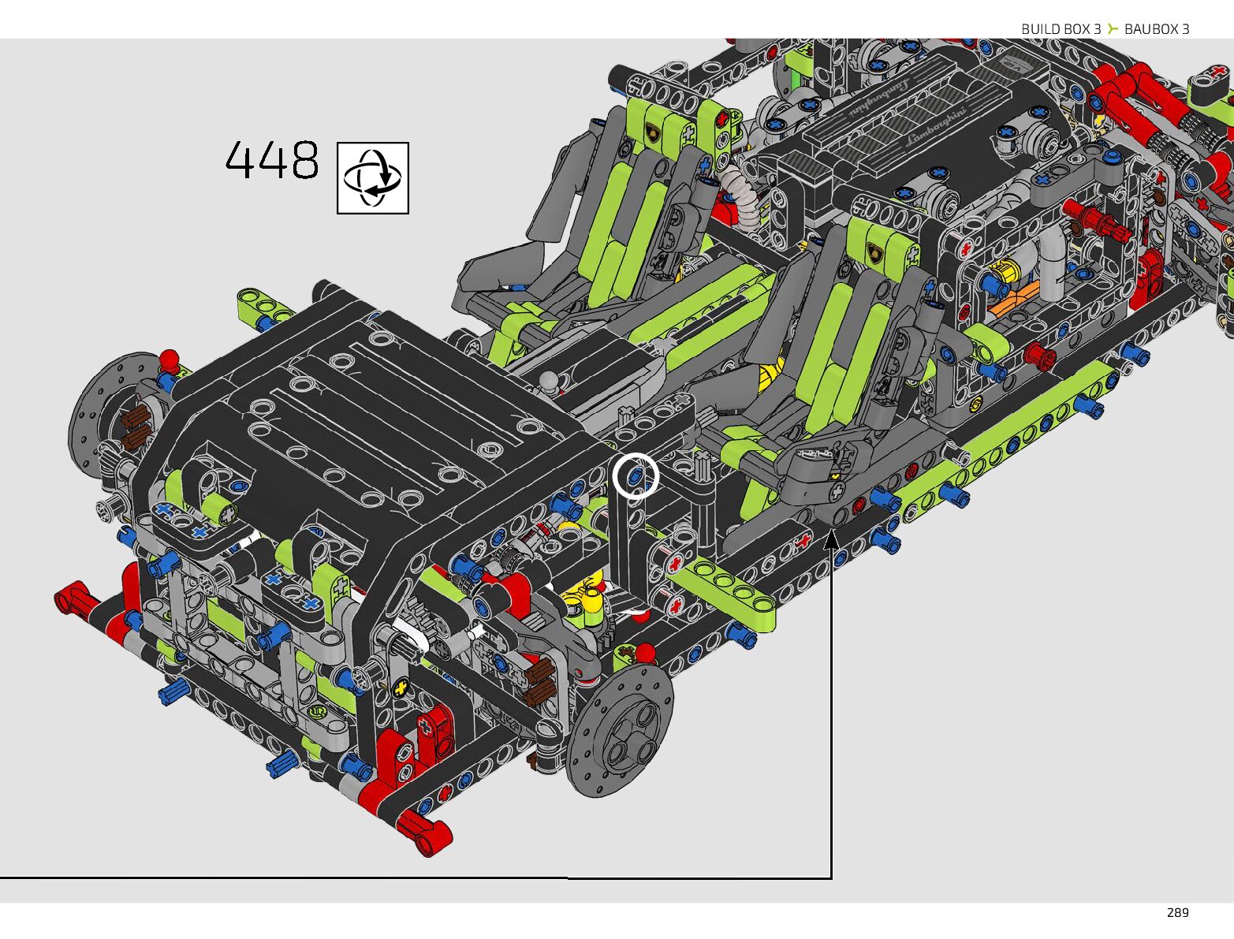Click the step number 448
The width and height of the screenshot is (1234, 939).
[x=272, y=160]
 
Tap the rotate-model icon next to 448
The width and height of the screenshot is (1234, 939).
[x=373, y=178]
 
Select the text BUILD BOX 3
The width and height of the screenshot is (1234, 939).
[x=1061, y=29]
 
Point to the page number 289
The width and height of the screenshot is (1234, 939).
[x=1178, y=913]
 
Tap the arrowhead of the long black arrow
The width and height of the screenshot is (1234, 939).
[x=832, y=540]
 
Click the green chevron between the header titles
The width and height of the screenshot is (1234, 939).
[x=1113, y=28]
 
